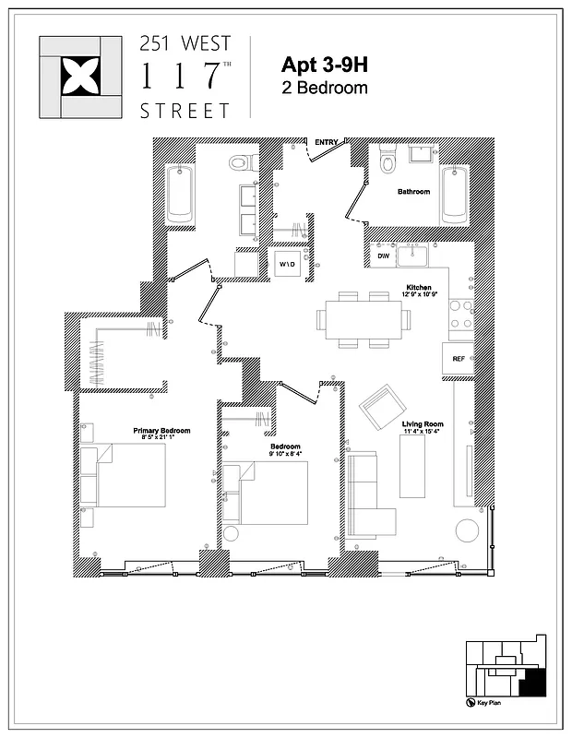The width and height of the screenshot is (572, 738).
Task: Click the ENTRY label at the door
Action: [327, 142]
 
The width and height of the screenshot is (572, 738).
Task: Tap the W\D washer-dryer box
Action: [286, 265]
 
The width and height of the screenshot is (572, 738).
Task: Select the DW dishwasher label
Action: [382, 256]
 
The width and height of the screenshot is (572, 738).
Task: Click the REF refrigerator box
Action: [459, 358]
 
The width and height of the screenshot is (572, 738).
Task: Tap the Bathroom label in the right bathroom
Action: [413, 192]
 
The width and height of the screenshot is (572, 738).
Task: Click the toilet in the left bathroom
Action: [240, 163]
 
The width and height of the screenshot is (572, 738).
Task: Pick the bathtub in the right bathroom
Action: [455, 195]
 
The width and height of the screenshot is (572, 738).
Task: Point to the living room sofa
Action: [370, 494]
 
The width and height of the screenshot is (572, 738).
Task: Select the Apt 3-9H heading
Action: [324, 65]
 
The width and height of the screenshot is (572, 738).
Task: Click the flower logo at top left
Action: [78, 77]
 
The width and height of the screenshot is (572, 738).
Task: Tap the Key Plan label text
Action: [502, 704]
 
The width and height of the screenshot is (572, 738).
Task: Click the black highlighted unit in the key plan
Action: [531, 682]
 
